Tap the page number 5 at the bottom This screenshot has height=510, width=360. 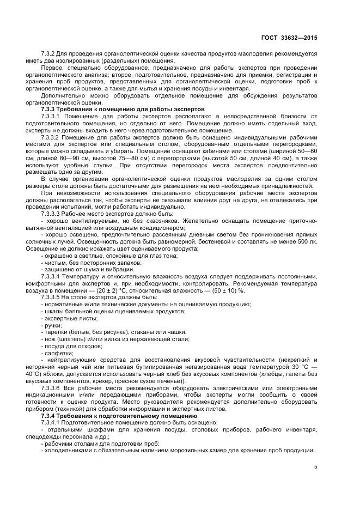click(x=316, y=466)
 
